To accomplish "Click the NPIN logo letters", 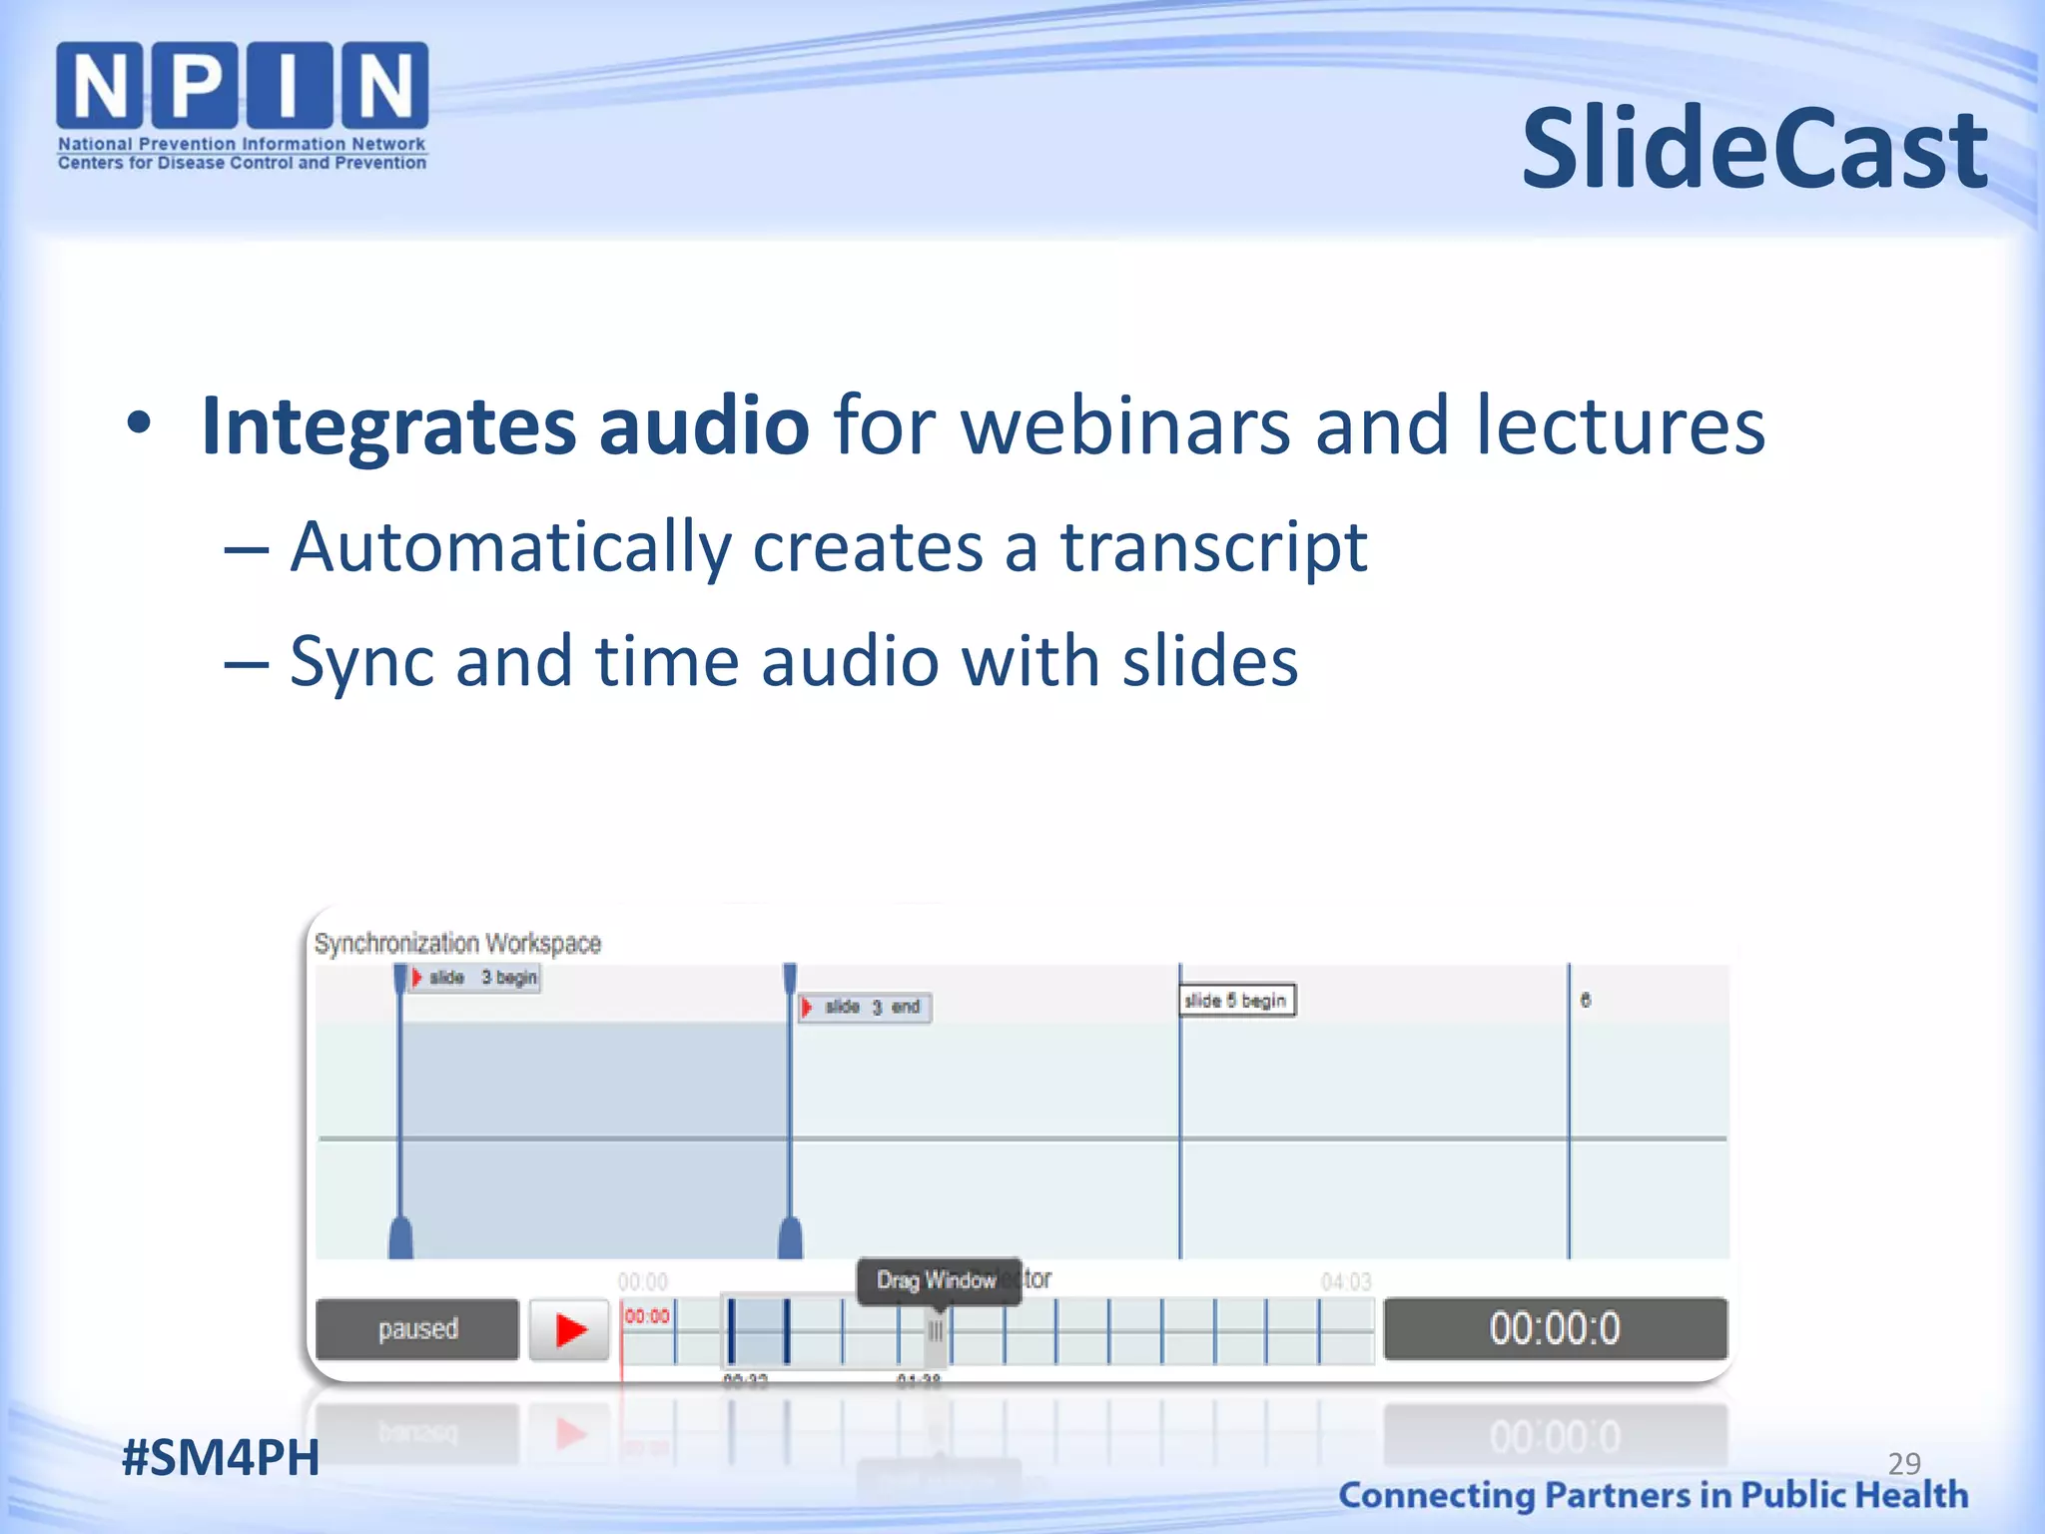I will tap(242, 86).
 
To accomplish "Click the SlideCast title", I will tap(1753, 150).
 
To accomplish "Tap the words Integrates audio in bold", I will tap(504, 425).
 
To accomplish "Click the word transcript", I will tap(1212, 547).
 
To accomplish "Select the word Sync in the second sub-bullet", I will tap(361, 662).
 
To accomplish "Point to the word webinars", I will tap(1125, 425).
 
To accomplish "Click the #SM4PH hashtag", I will tap(220, 1457).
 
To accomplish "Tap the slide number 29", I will tap(1903, 1463).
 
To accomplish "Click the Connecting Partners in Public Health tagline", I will tap(1653, 1495).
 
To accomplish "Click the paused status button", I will tap(417, 1329).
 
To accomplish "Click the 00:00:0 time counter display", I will tap(1555, 1329).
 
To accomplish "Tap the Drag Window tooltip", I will tap(937, 1280).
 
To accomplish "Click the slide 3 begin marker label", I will tap(476, 978).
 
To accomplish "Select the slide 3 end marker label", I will tap(866, 1008).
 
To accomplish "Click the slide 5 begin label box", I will tap(1236, 1001).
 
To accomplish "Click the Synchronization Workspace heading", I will tap(457, 944).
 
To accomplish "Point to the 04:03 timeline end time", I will tap(1345, 1281).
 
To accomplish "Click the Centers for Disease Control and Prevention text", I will tap(242, 163).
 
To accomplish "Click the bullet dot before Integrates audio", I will tap(139, 424).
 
